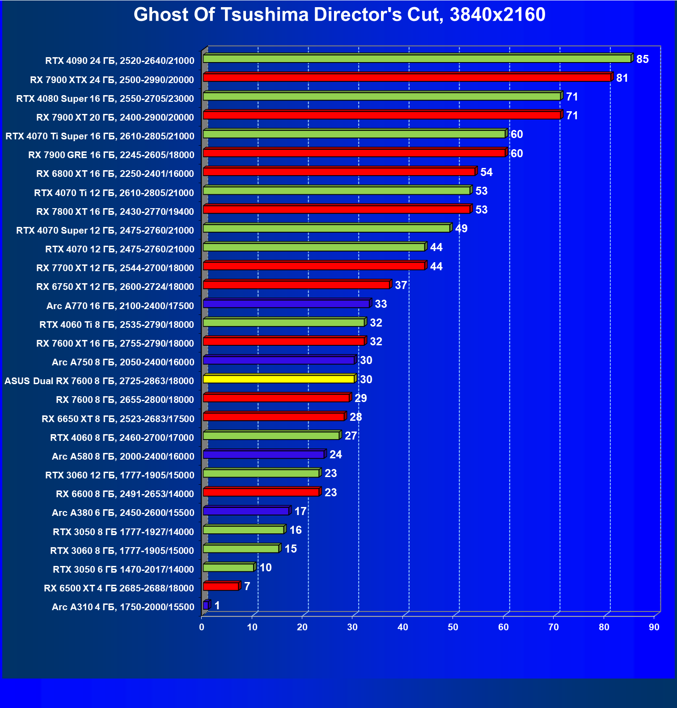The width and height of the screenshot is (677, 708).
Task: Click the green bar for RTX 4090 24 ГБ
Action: (417, 59)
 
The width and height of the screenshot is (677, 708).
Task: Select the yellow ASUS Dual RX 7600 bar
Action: (279, 379)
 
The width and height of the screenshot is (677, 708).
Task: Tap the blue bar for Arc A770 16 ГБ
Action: (286, 304)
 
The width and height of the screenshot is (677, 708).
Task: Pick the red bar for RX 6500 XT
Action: (221, 587)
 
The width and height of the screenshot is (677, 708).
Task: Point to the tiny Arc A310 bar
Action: (206, 605)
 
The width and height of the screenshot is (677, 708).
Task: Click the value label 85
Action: (642, 59)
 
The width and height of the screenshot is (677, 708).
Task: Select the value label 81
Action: (622, 78)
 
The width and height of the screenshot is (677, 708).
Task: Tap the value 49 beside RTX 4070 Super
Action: (461, 229)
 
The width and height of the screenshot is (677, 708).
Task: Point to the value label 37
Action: (401, 285)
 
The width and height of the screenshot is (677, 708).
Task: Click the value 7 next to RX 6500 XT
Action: (247, 586)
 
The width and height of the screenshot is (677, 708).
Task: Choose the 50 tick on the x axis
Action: (453, 627)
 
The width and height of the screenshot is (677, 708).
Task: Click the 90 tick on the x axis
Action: (654, 627)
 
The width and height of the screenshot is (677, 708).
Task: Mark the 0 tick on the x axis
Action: (202, 627)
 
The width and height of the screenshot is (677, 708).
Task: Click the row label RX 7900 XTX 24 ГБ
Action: (112, 80)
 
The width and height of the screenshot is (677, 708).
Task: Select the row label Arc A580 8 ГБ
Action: (123, 457)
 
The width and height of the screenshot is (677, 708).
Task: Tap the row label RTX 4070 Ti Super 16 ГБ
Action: (100, 136)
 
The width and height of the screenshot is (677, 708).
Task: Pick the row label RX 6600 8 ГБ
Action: (125, 494)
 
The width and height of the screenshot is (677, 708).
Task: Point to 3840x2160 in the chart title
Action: (497, 15)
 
